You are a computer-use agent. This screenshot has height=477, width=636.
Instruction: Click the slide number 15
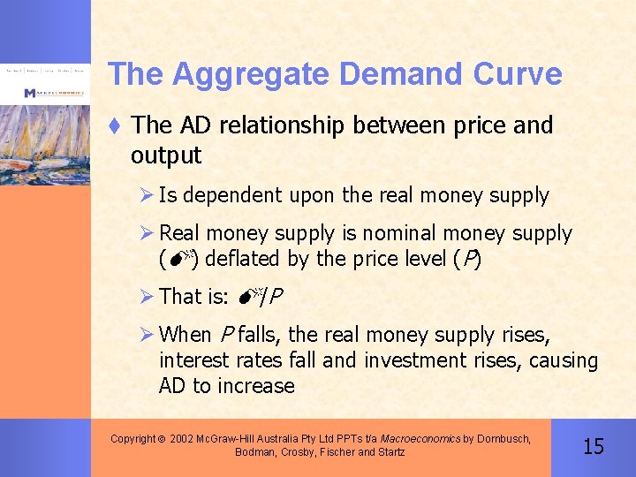click(x=594, y=446)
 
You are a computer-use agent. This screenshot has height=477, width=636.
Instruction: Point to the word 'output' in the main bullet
click(x=166, y=156)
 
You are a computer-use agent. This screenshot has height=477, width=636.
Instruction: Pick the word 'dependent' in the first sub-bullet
click(x=228, y=196)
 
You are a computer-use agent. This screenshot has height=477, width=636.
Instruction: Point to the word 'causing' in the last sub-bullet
click(x=564, y=360)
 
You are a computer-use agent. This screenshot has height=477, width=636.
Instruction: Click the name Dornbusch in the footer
click(x=503, y=438)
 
